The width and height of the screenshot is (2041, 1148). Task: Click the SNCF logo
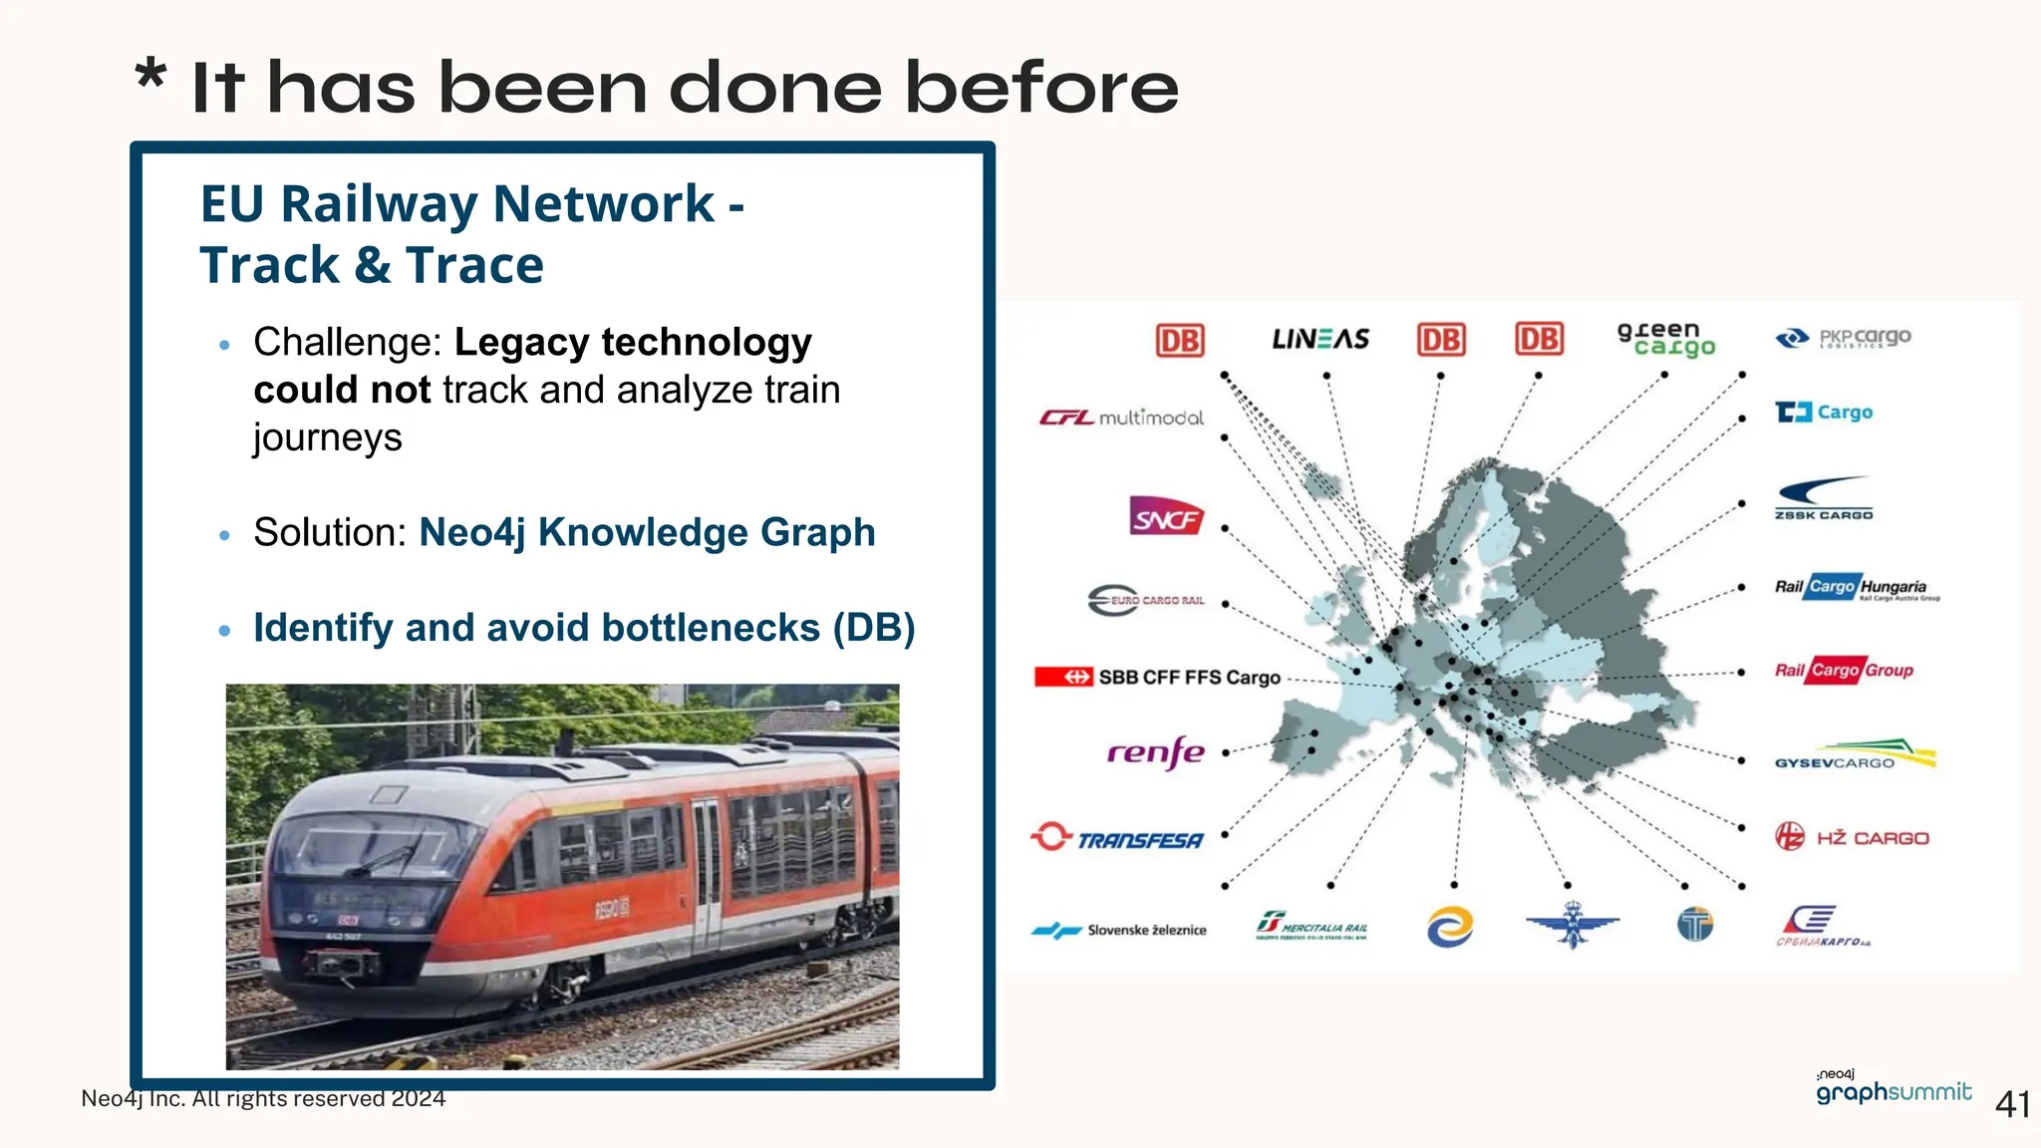point(1166,517)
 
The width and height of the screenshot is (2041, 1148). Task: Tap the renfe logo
point(1155,752)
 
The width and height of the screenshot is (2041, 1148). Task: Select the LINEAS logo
point(1320,339)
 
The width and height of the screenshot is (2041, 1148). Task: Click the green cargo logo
point(1665,339)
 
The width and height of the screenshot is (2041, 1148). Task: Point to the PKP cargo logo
point(1844,338)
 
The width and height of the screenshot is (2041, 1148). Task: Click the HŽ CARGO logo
point(1853,837)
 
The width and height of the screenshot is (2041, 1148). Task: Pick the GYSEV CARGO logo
point(1854,754)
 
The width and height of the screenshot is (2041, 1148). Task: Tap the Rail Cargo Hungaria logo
point(1857,588)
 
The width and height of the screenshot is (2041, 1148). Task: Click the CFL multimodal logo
point(1121,418)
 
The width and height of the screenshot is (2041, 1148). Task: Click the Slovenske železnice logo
point(1118,930)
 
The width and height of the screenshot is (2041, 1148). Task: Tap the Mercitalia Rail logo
point(1312,926)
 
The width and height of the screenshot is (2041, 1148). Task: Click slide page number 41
point(2011,1104)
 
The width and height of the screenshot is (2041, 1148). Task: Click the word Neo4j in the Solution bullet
point(471,533)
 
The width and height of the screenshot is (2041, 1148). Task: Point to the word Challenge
point(346,342)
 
